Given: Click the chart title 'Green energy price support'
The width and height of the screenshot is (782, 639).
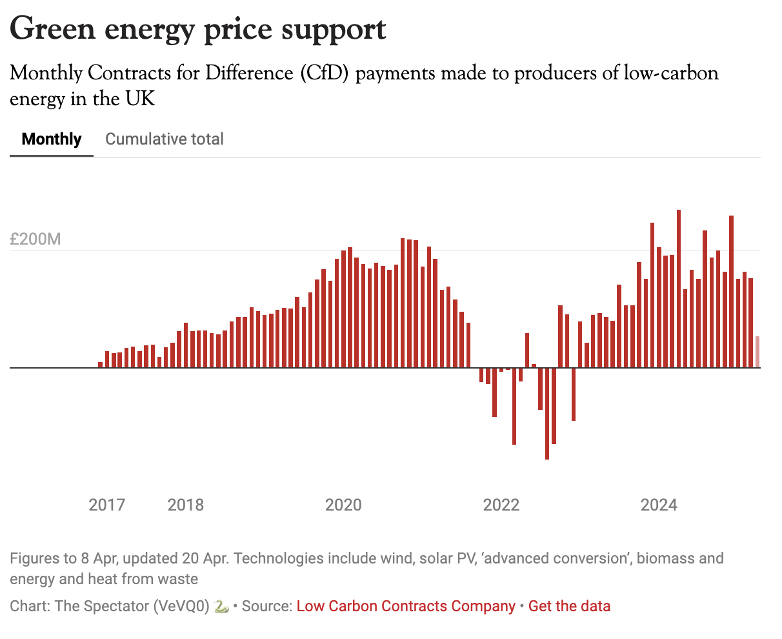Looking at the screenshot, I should pyautogui.click(x=198, y=29).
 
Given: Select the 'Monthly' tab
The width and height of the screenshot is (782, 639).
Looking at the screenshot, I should pyautogui.click(x=52, y=139).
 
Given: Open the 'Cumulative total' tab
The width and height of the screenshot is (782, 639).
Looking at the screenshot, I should pyautogui.click(x=165, y=139).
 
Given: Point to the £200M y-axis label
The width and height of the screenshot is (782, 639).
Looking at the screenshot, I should pyautogui.click(x=35, y=239).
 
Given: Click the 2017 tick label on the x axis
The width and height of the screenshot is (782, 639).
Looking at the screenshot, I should pyautogui.click(x=106, y=504).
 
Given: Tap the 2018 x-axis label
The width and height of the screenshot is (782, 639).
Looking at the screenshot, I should pyautogui.click(x=186, y=504).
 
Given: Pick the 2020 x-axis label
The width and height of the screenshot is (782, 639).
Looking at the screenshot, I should pyautogui.click(x=343, y=504).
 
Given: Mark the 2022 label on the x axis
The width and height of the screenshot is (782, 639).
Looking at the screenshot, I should pyautogui.click(x=501, y=504).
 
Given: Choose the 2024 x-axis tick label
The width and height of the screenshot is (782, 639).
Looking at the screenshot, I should pyautogui.click(x=659, y=504).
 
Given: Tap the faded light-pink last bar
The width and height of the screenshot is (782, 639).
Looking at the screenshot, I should pyautogui.click(x=757, y=352).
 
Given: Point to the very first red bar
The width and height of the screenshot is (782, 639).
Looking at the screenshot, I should pyautogui.click(x=101, y=365).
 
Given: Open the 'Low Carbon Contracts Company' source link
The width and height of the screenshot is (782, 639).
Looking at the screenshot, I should pyautogui.click(x=406, y=606).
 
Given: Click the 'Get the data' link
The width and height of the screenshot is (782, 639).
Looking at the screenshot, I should pyautogui.click(x=569, y=606).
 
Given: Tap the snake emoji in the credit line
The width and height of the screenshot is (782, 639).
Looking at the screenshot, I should pyautogui.click(x=221, y=607).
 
